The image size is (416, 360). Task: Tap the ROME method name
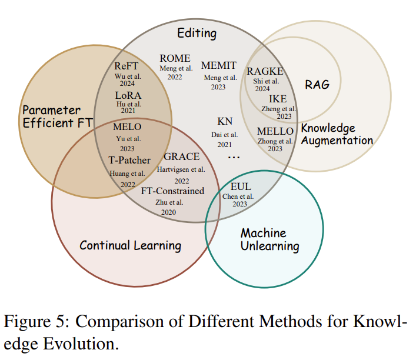point(175,58)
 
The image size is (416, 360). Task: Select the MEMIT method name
point(219,65)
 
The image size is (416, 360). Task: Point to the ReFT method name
point(127,66)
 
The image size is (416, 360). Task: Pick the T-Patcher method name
point(129,160)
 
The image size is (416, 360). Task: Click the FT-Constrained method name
point(172,191)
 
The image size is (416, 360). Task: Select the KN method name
point(225,122)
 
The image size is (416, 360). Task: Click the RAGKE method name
point(265,71)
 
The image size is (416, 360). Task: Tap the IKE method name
point(278,99)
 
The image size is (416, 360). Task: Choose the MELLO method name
point(275,131)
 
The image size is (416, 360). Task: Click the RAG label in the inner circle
point(317,84)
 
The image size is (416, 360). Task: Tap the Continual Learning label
point(130,245)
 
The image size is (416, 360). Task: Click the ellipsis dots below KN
point(234,157)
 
